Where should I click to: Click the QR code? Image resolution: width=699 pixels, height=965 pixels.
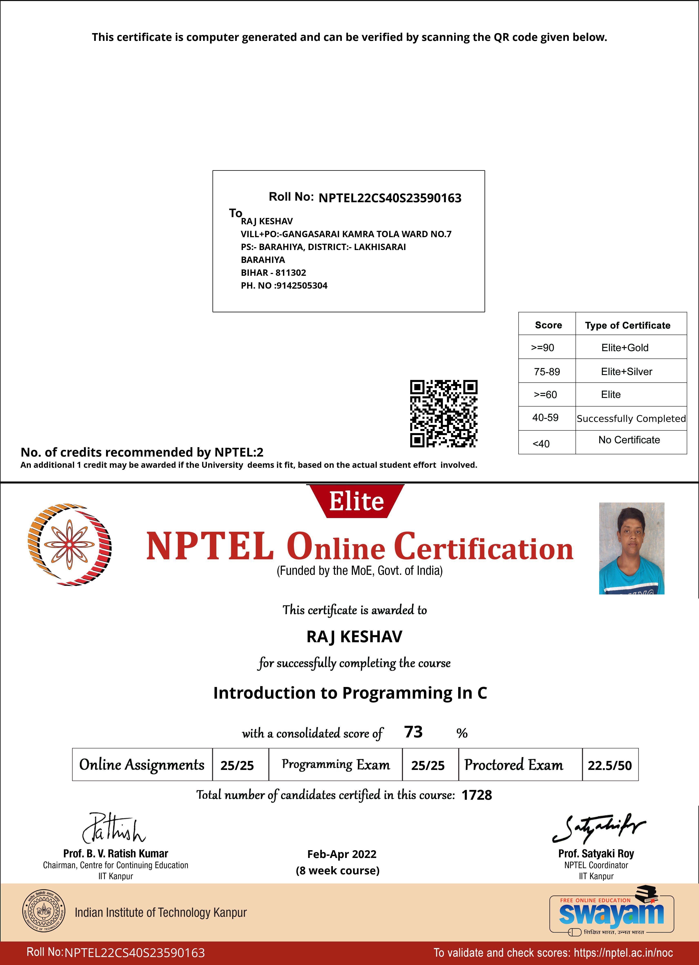443,414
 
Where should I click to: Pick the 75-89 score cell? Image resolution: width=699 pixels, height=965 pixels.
547,371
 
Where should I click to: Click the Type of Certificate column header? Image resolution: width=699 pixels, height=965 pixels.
628,325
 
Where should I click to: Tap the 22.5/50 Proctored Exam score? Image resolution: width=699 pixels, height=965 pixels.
610,765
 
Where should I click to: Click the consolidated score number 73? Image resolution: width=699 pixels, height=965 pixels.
413,732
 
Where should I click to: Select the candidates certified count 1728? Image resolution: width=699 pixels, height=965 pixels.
477,795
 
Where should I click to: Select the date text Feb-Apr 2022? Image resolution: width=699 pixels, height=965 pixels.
342,854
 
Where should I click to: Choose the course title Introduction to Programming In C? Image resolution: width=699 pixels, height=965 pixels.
350,693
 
